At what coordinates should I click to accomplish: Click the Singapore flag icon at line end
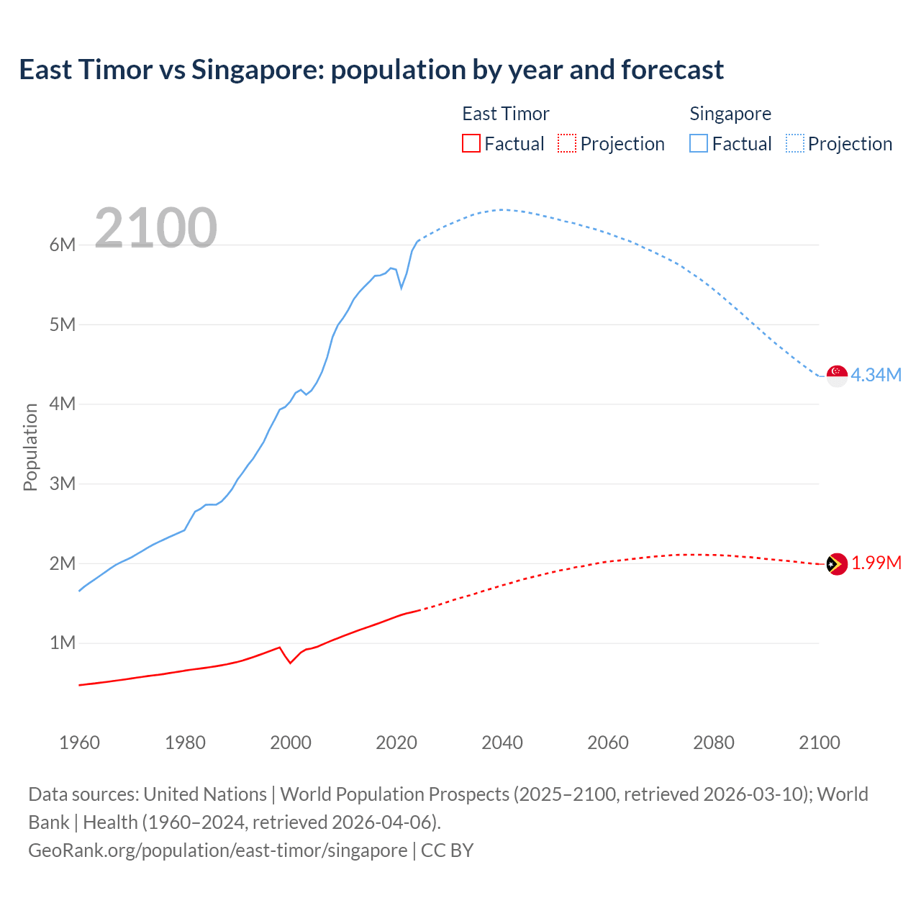point(837,376)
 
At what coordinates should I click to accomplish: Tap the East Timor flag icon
point(837,565)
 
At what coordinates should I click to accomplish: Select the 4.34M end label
point(876,375)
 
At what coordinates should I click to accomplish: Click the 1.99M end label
point(876,563)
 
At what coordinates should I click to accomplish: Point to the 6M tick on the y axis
point(63,245)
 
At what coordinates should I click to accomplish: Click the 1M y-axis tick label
point(63,643)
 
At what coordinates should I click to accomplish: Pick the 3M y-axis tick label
point(63,484)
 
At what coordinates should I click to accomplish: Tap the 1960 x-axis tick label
point(79,743)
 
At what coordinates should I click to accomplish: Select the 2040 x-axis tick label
point(502,743)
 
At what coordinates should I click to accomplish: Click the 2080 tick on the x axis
point(714,743)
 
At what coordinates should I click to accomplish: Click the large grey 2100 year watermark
point(155,228)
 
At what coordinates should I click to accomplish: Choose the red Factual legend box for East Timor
point(471,143)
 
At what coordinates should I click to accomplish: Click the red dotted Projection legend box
point(567,143)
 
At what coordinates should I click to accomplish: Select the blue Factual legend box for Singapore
point(699,143)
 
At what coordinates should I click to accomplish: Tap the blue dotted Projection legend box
point(795,143)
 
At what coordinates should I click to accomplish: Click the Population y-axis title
point(30,447)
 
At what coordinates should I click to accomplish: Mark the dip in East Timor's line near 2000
point(290,662)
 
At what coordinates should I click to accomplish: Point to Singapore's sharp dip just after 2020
point(401,287)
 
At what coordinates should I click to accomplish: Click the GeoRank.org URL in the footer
point(218,850)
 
